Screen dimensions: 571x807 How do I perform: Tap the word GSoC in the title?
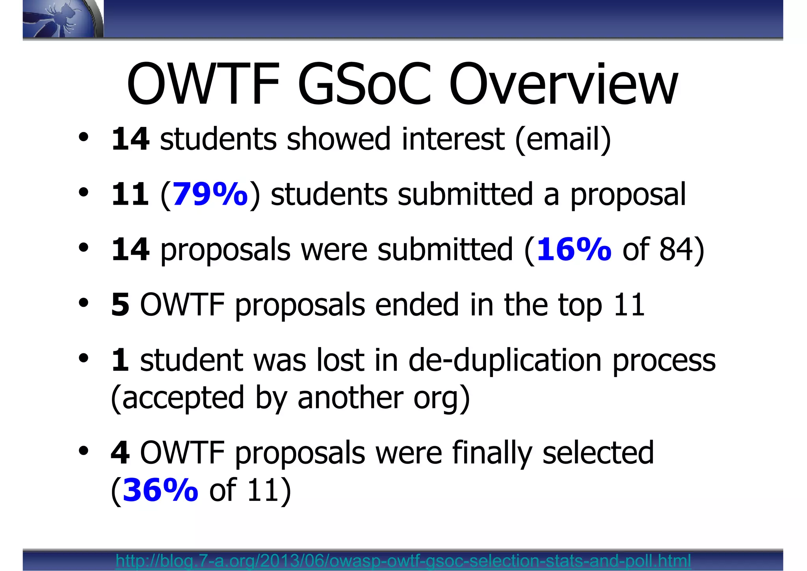364,85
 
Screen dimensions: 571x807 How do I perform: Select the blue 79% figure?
210,194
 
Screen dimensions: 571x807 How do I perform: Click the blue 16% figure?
574,249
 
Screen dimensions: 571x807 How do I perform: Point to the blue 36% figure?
160,490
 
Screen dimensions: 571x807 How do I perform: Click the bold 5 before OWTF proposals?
120,304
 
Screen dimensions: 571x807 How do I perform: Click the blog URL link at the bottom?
403,560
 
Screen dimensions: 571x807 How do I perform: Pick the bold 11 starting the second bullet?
130,194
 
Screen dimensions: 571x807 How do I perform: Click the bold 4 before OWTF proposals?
120,452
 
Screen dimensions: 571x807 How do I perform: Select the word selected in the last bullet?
598,452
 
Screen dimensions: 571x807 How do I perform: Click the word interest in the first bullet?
453,139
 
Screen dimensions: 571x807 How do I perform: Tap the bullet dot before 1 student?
83,358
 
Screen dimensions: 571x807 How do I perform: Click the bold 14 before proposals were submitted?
130,249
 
